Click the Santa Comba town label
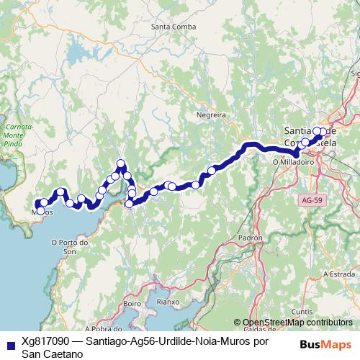pos(169,27)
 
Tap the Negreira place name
pos(212,114)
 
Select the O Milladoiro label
pos(292,163)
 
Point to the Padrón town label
pos(250,237)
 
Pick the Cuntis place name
pos(301,312)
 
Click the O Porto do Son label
pos(70,247)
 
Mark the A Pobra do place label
pos(102,328)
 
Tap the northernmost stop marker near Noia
pos(121,163)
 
